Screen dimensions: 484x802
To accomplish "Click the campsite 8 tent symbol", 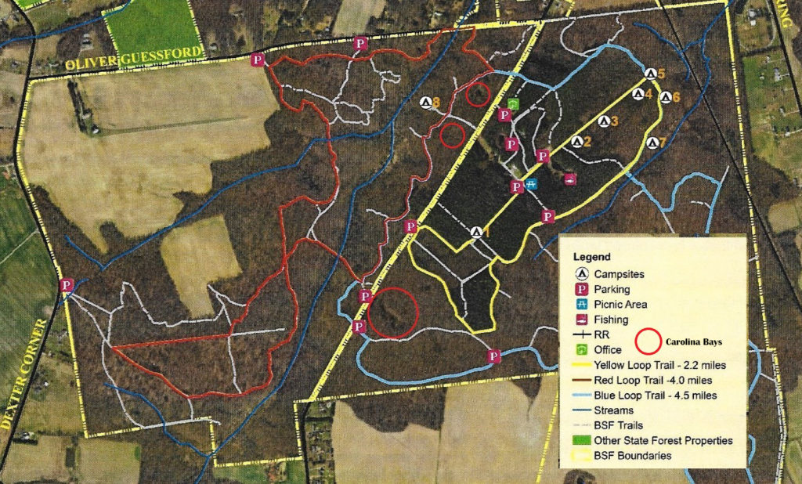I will pyautogui.click(x=426, y=102).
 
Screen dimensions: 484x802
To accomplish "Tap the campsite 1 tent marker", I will pyautogui.click(x=476, y=232).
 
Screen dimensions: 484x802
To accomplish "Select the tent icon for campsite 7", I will pyautogui.click(x=653, y=143).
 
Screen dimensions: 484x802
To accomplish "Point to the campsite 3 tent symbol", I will pyautogui.click(x=603, y=121).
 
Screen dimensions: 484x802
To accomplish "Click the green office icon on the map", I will pyautogui.click(x=513, y=104).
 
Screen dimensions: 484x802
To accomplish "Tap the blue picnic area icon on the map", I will pyautogui.click(x=531, y=184).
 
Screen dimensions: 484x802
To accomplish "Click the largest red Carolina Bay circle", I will pyautogui.click(x=393, y=312).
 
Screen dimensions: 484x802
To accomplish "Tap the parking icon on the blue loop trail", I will pyautogui.click(x=494, y=356).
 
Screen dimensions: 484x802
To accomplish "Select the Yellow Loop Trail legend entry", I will pyautogui.click(x=660, y=365).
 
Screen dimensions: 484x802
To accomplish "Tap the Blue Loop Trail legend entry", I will pyautogui.click(x=656, y=395).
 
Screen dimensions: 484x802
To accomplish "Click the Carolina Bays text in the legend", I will pyautogui.click(x=698, y=342).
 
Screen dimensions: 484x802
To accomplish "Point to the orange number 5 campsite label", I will pyautogui.click(x=661, y=74).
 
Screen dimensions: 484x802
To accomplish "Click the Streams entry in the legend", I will pyautogui.click(x=614, y=410).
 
